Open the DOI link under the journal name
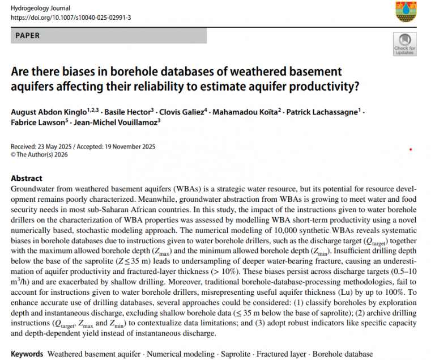point(71,18)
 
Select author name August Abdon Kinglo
point(49,112)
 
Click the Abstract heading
point(27,178)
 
